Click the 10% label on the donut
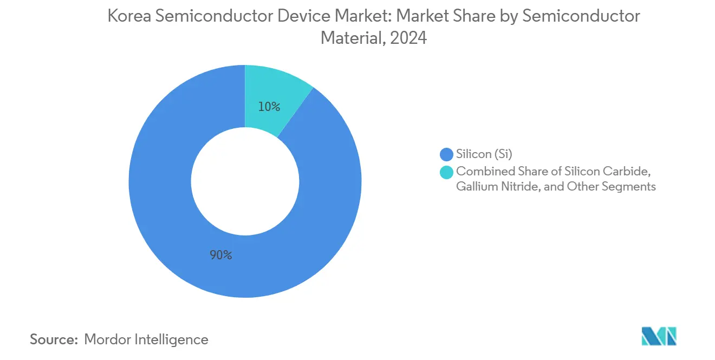[x=269, y=107]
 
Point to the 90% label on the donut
[x=220, y=255]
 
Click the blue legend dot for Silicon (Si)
[x=446, y=155]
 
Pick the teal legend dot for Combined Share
[x=446, y=172]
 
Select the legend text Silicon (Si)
[x=484, y=155]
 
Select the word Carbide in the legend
[x=628, y=172]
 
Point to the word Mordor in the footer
[x=108, y=339]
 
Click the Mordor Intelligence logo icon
[x=659, y=336]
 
